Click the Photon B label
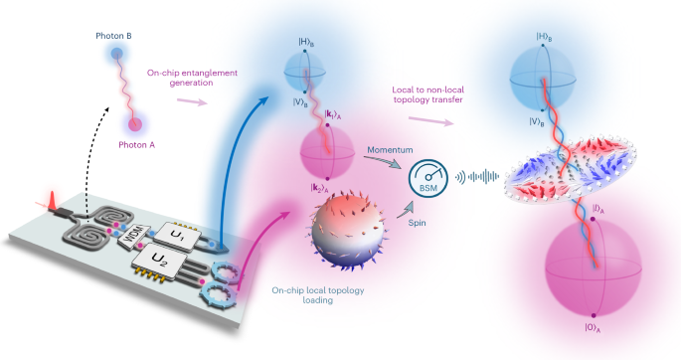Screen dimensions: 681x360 click(113, 36)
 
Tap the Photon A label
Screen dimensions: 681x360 click(137, 145)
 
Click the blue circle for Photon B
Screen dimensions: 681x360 click(116, 54)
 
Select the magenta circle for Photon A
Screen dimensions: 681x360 click(135, 125)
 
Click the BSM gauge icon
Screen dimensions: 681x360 click(427, 179)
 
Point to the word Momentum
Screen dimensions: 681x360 click(390, 150)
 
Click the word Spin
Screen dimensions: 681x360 click(417, 223)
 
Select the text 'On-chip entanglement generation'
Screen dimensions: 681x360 click(192, 78)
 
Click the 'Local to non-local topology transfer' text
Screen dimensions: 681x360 click(427, 94)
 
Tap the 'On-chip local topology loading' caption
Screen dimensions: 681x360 click(318, 294)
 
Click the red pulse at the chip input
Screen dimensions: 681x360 click(52, 200)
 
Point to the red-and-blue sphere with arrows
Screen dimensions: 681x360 click(347, 230)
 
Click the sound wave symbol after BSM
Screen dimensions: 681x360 click(477, 177)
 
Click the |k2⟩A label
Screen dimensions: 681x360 click(319, 188)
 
